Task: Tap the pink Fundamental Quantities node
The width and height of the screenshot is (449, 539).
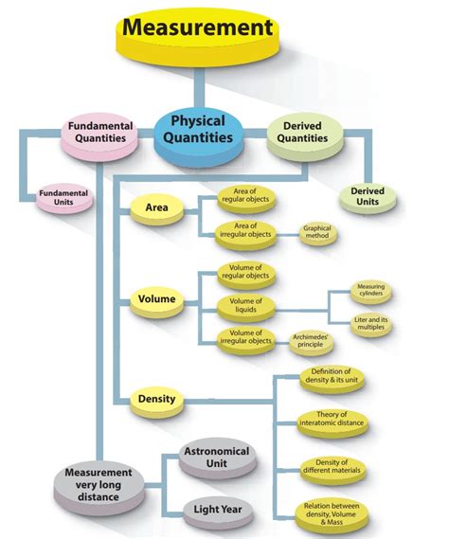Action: coord(99,134)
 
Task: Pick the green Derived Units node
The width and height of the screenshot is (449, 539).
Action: coord(368,197)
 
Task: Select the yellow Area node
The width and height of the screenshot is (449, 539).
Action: coord(157,208)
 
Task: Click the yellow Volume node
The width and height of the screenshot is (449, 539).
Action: coord(157,300)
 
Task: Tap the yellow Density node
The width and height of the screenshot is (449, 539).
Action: coord(157,399)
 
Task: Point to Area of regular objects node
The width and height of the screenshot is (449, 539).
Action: coord(245,195)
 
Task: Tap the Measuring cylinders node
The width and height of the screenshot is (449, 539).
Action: coord(370,291)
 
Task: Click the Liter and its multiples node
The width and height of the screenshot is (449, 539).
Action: coord(370,325)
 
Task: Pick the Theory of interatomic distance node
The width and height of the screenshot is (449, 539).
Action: coord(332,422)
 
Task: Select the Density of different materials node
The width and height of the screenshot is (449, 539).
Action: coord(332,469)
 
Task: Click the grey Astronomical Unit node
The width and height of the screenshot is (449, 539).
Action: coord(216,458)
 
